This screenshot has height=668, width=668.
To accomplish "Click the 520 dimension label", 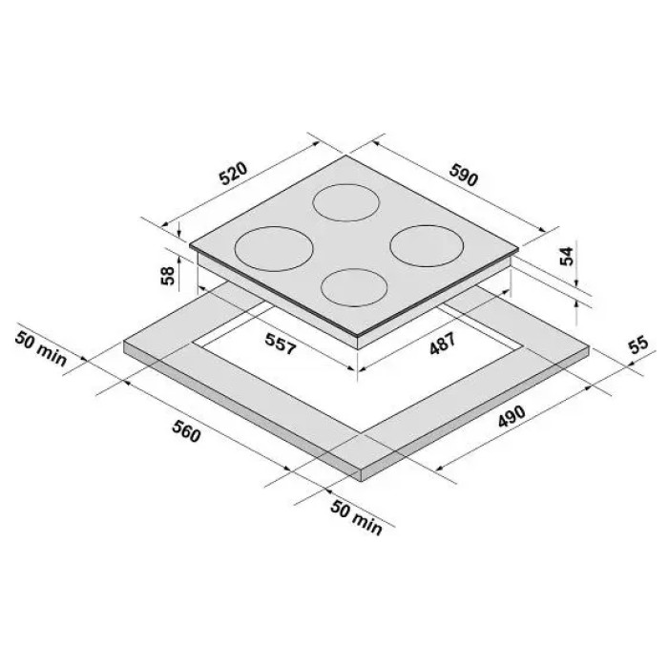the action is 234,173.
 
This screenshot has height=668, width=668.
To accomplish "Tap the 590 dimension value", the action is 464,175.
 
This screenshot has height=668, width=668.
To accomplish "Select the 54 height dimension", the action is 567,256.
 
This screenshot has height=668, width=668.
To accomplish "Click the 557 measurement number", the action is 281,344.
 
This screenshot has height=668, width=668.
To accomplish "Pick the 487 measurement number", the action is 443,344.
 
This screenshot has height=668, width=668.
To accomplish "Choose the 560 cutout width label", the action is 186,430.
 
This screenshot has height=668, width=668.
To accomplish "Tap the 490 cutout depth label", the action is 511,416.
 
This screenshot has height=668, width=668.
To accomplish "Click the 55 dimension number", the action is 639,344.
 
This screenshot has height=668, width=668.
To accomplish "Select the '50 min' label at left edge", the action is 41,349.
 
